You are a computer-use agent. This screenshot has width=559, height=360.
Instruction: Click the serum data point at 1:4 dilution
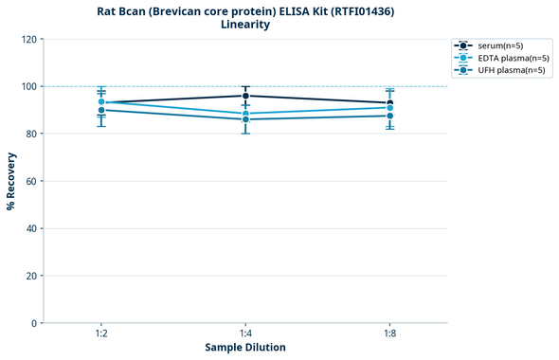[x=245, y=96]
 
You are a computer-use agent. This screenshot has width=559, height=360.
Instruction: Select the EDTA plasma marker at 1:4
[x=245, y=114]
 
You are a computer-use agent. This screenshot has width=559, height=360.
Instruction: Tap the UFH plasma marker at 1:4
[x=245, y=119]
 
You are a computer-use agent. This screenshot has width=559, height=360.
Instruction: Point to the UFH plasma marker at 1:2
[x=101, y=110]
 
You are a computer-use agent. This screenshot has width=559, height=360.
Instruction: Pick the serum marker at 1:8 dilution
[x=389, y=103]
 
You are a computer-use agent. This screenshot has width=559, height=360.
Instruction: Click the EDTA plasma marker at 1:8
[x=389, y=108]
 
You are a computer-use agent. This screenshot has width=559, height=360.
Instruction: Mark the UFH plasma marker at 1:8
[x=389, y=116]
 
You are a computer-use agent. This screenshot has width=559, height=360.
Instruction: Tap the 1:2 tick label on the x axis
[x=101, y=334]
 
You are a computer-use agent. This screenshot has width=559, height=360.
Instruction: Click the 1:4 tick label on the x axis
[x=245, y=334]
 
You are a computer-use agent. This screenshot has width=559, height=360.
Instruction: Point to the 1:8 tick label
[x=389, y=334]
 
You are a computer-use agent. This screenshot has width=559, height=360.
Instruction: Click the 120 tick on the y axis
[x=28, y=39]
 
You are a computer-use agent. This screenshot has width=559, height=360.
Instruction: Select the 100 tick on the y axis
[x=28, y=86]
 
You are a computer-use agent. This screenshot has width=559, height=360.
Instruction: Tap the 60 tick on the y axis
[x=31, y=181]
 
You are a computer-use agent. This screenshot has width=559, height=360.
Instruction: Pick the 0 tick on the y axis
[x=34, y=323]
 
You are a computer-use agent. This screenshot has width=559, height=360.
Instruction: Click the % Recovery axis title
[x=11, y=181]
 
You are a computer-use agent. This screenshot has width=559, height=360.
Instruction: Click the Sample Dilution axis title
[x=245, y=348]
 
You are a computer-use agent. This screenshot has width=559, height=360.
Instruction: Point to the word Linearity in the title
[x=245, y=25]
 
